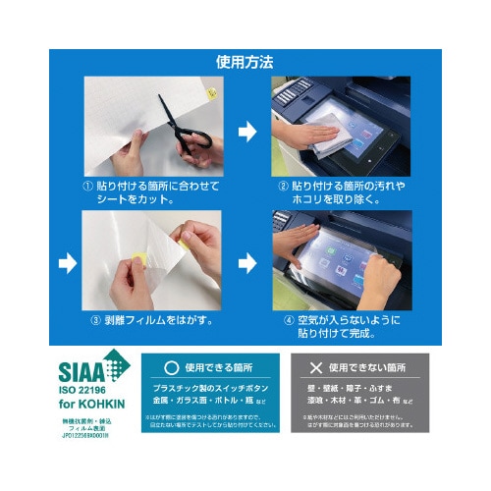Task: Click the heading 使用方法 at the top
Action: tap(245, 62)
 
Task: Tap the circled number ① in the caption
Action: tap(89, 186)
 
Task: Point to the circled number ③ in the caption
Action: tap(96, 319)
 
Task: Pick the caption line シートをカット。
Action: tap(137, 200)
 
